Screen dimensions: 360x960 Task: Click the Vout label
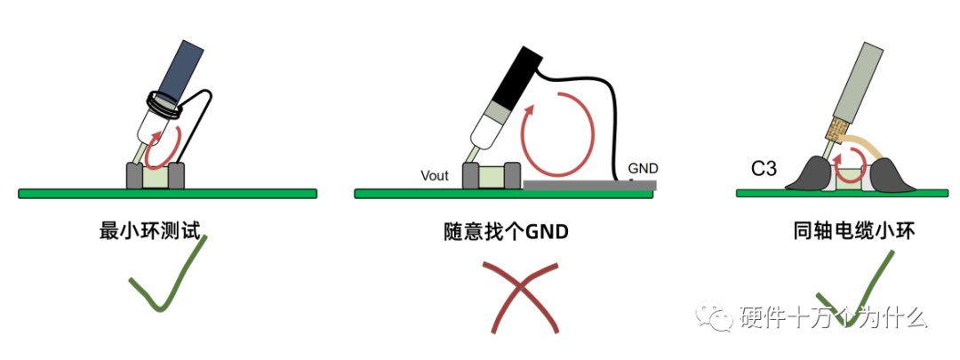436,175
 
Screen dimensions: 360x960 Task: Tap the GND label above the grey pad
644,167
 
